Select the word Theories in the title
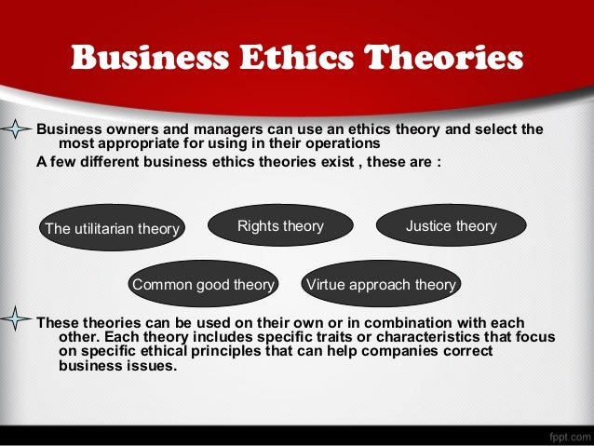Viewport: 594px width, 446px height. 444,58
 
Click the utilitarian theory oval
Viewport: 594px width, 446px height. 113,228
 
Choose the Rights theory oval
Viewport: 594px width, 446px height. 280,226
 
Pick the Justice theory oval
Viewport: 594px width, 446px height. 452,226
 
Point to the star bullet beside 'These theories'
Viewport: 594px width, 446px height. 16,321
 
